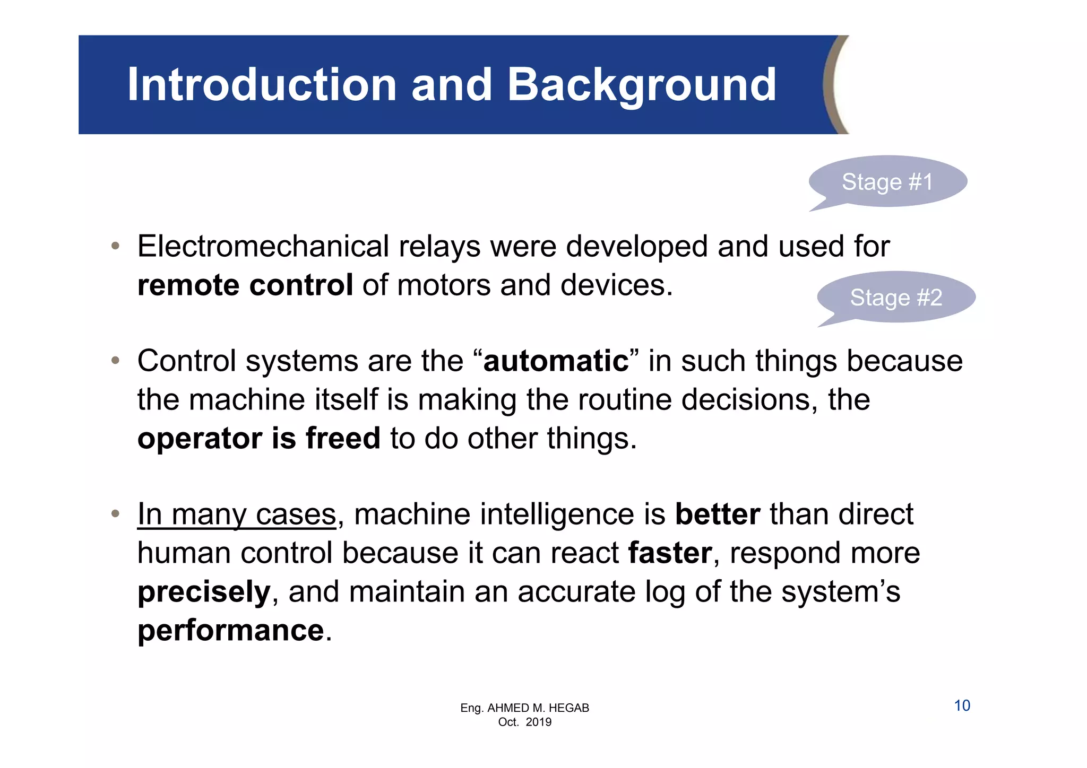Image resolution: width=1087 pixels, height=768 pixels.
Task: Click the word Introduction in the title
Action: pyautogui.click(x=262, y=85)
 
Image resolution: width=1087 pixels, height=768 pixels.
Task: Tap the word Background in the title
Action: pyautogui.click(x=642, y=85)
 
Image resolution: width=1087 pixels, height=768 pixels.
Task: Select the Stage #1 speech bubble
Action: pyautogui.click(x=887, y=182)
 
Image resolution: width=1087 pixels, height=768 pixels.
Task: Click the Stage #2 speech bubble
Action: pyautogui.click(x=896, y=298)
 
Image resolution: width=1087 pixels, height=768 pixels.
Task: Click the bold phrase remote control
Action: pyautogui.click(x=245, y=285)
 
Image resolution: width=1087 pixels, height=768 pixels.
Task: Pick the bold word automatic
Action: pyautogui.click(x=556, y=361)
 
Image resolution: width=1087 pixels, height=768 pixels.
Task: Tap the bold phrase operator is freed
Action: pyautogui.click(x=259, y=439)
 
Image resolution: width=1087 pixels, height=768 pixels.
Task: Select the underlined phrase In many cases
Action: pyautogui.click(x=237, y=514)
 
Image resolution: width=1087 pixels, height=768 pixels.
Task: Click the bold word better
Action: pyautogui.click(x=718, y=514)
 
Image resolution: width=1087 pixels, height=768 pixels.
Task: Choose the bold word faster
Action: pyautogui.click(x=670, y=553)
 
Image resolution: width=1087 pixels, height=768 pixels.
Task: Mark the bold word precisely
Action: pyautogui.click(x=204, y=592)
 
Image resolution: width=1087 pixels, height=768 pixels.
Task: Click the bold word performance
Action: pyautogui.click(x=231, y=631)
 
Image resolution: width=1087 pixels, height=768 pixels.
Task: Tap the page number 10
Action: pyautogui.click(x=962, y=706)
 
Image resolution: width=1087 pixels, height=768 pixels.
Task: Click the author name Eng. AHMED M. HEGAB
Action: pyautogui.click(x=524, y=708)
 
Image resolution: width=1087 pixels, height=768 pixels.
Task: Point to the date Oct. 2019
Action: pyautogui.click(x=524, y=722)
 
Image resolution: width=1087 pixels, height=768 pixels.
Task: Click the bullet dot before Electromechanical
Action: pyautogui.click(x=115, y=247)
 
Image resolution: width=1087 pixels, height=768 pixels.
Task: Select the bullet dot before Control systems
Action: pyautogui.click(x=115, y=361)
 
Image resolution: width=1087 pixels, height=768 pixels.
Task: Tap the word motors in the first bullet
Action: pyautogui.click(x=444, y=285)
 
